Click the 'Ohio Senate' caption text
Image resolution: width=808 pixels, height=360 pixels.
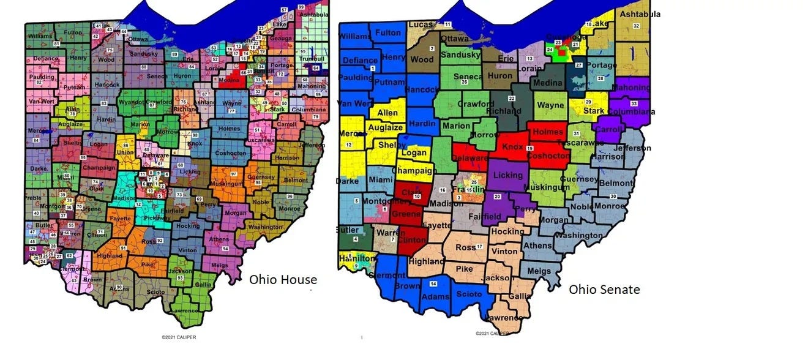point(604,289)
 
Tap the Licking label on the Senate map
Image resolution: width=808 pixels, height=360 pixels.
point(508,176)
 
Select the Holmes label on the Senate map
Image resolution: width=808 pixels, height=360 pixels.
point(548,132)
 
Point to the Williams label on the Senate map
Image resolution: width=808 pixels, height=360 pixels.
point(354,37)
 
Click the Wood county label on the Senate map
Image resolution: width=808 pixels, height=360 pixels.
point(422,60)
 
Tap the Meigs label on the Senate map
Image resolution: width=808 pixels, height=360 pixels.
point(539,271)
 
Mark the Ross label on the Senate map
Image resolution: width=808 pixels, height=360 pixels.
point(466,247)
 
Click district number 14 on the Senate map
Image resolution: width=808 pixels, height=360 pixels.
point(433,284)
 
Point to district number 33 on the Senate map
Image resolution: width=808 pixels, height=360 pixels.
point(634,103)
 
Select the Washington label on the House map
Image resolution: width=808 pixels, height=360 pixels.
point(266,227)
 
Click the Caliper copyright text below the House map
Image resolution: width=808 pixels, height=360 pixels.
point(179,337)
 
